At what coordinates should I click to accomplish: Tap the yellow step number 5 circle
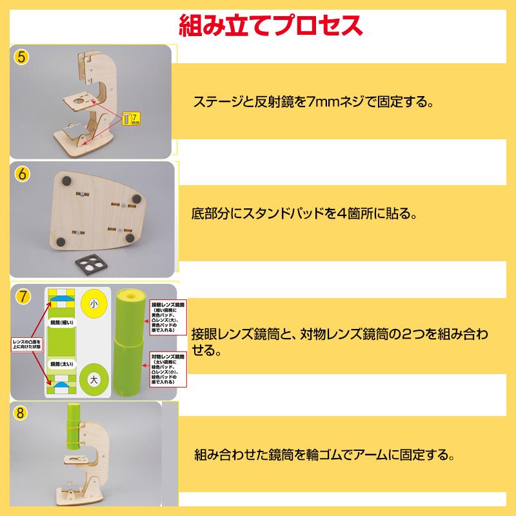click(22, 57)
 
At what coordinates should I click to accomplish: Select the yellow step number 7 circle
click(22, 297)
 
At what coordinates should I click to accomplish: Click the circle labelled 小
click(94, 303)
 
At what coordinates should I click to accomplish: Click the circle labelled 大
click(94, 377)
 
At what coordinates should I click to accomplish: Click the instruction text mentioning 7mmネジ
click(312, 102)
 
